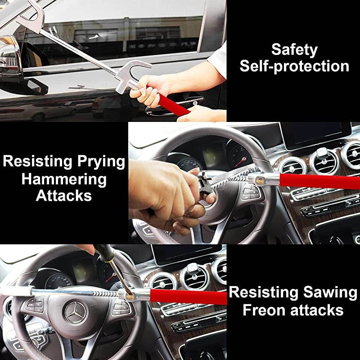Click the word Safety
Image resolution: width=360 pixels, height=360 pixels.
[294, 49]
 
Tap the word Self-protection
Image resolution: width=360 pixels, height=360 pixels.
[294, 66]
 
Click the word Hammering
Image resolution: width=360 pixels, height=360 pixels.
[64, 179]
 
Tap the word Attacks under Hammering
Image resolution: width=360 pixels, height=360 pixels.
[64, 196]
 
